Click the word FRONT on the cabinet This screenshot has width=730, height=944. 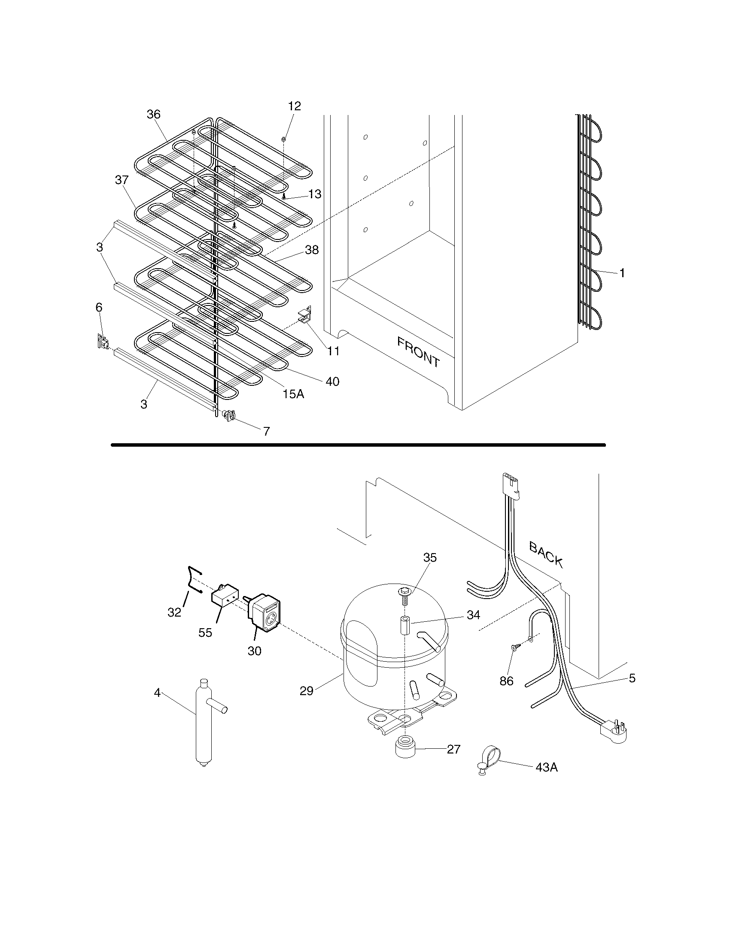coord(418,352)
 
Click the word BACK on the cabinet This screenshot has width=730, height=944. coord(546,554)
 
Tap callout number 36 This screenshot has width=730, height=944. coord(154,114)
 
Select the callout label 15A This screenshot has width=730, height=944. coord(293,393)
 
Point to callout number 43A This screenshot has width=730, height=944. coord(546,767)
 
